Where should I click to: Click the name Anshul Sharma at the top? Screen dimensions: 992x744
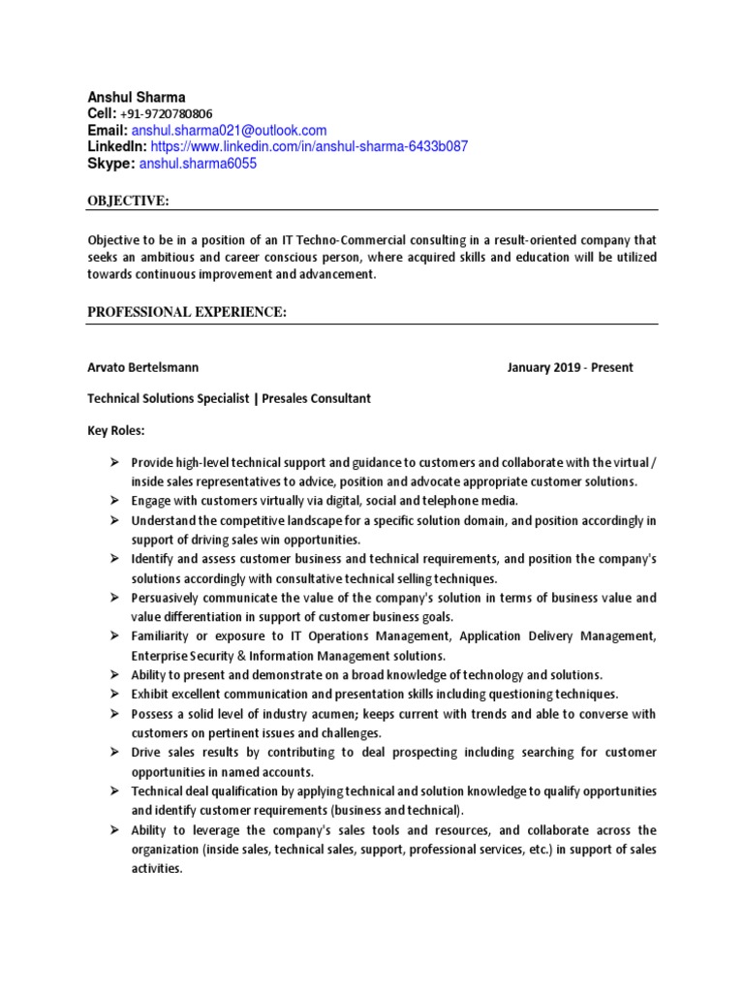coord(137,97)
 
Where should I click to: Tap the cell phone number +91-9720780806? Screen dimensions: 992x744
coord(166,113)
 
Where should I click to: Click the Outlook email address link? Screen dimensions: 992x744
coord(229,130)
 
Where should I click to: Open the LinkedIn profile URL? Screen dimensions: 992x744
coord(309,146)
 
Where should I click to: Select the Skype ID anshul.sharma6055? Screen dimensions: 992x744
coord(198,164)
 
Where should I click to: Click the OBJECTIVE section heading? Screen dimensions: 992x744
coord(129,201)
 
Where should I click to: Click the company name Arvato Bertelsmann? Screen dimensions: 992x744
coord(143,367)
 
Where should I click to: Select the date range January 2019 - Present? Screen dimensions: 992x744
coord(570,367)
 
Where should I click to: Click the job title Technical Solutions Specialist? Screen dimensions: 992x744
coord(168,398)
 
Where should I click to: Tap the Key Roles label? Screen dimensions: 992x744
coord(115,429)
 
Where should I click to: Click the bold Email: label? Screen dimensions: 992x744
coord(108,130)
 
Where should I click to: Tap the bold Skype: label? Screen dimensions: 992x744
coord(111,164)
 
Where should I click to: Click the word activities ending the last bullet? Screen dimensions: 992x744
coord(157,869)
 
